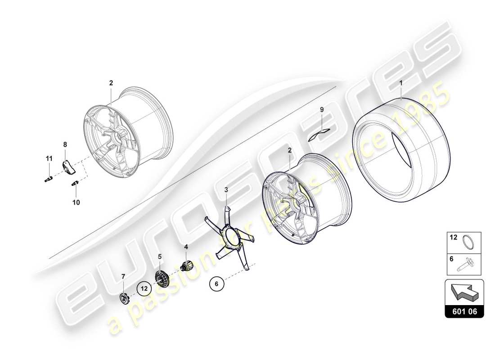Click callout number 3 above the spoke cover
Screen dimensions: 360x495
pyautogui.click(x=226, y=190)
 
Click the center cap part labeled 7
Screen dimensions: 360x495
pyautogui.click(x=125, y=298)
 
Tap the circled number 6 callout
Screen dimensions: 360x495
pyautogui.click(x=216, y=284)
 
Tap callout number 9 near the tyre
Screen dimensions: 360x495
pyautogui.click(x=322, y=109)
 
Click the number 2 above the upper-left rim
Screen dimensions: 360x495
pyautogui.click(x=111, y=83)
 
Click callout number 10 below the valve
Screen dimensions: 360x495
pyautogui.click(x=76, y=202)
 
